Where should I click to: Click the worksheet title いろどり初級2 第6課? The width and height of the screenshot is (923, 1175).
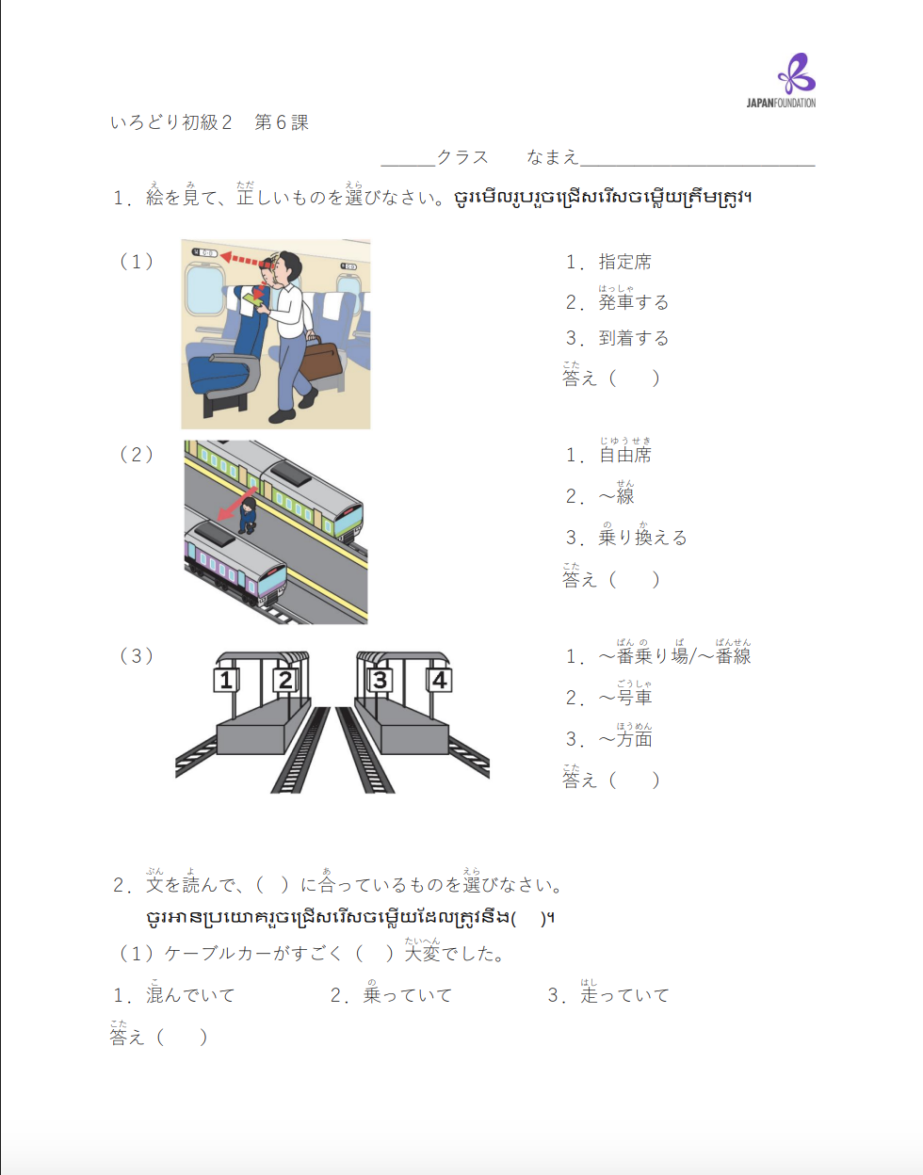(209, 122)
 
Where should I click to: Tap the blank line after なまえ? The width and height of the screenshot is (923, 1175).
(697, 158)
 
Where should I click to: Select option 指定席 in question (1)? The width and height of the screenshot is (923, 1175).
(624, 262)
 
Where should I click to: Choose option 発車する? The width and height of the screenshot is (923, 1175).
(633, 302)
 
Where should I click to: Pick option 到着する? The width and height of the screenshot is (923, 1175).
(633, 338)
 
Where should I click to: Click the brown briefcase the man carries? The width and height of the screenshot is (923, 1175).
(321, 356)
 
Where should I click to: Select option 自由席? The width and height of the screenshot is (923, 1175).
(624, 455)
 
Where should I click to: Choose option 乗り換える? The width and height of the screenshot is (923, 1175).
(642, 538)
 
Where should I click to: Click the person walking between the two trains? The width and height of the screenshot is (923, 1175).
(247, 515)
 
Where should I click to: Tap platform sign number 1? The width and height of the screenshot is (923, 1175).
(226, 680)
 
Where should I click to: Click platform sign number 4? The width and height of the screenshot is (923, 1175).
(439, 680)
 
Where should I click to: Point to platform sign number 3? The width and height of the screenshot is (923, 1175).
(380, 680)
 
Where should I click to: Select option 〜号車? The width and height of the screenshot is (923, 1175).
(625, 698)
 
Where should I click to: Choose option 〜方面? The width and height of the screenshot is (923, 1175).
(625, 739)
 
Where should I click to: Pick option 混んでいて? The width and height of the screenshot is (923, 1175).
(189, 995)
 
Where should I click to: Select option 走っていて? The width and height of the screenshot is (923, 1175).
(624, 995)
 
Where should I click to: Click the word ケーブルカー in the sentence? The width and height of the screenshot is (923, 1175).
(218, 954)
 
